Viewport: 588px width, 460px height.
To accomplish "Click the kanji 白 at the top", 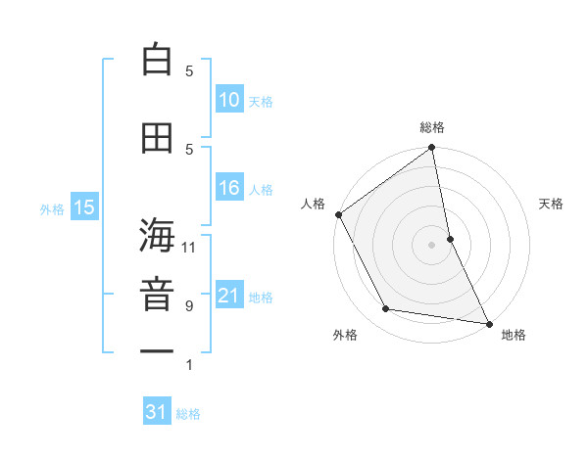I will (x=157, y=61).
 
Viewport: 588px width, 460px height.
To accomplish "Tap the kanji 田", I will (x=157, y=138).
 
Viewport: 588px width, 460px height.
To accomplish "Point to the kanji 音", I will (x=157, y=293).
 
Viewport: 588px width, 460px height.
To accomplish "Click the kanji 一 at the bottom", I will (x=157, y=349).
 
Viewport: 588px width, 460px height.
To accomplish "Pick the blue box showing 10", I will (x=228, y=100).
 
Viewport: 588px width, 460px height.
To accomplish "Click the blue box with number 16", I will (x=228, y=189).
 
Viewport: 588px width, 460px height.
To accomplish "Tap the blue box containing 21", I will (x=228, y=297).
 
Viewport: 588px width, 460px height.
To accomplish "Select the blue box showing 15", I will (x=83, y=207).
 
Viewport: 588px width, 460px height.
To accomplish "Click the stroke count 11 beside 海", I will (x=189, y=247).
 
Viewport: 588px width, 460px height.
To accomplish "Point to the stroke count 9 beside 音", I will (x=189, y=306).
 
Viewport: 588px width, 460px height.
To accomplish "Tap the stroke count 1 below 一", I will (x=189, y=366).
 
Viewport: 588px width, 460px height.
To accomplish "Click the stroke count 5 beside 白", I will (x=189, y=70).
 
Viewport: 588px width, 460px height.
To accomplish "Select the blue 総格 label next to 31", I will (x=188, y=414).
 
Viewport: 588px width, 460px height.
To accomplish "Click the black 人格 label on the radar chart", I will (x=314, y=204).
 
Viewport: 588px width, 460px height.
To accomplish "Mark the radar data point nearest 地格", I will (x=487, y=323).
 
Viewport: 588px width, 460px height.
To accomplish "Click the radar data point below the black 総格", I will (x=431, y=149).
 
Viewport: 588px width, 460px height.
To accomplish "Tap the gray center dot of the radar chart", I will (x=431, y=244).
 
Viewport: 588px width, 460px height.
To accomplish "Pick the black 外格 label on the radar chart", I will (x=345, y=335).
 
